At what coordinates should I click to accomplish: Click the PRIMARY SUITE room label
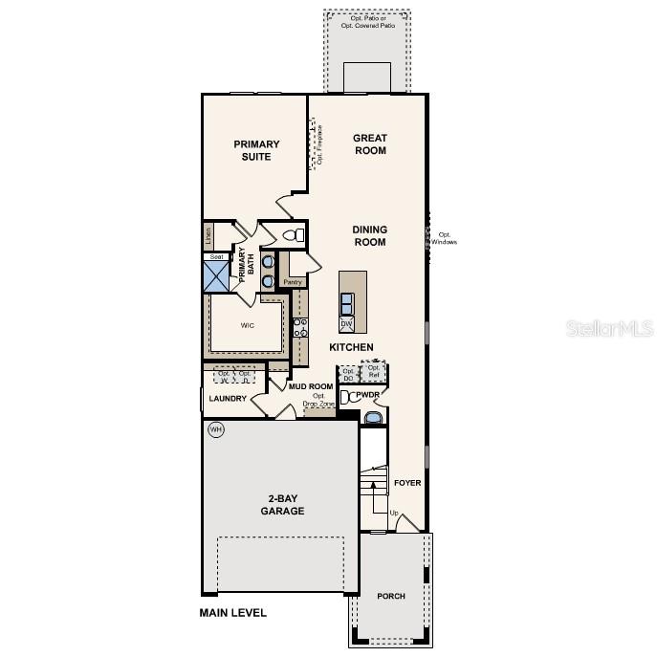(257, 150)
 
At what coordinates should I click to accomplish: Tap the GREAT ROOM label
(370, 143)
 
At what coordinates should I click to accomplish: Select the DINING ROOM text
(369, 235)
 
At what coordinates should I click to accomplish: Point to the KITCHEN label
(351, 346)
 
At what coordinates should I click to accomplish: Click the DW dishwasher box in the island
(346, 324)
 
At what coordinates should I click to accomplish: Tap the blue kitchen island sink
(347, 303)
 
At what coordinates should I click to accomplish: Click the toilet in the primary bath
(294, 234)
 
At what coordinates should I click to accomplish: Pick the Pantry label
(292, 282)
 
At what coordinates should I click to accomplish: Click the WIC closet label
(247, 324)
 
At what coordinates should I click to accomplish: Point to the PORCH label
(390, 596)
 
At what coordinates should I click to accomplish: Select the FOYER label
(407, 483)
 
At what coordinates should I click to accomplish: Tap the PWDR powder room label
(368, 395)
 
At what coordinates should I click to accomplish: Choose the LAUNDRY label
(228, 398)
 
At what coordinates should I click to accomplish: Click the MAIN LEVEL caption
(232, 613)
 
